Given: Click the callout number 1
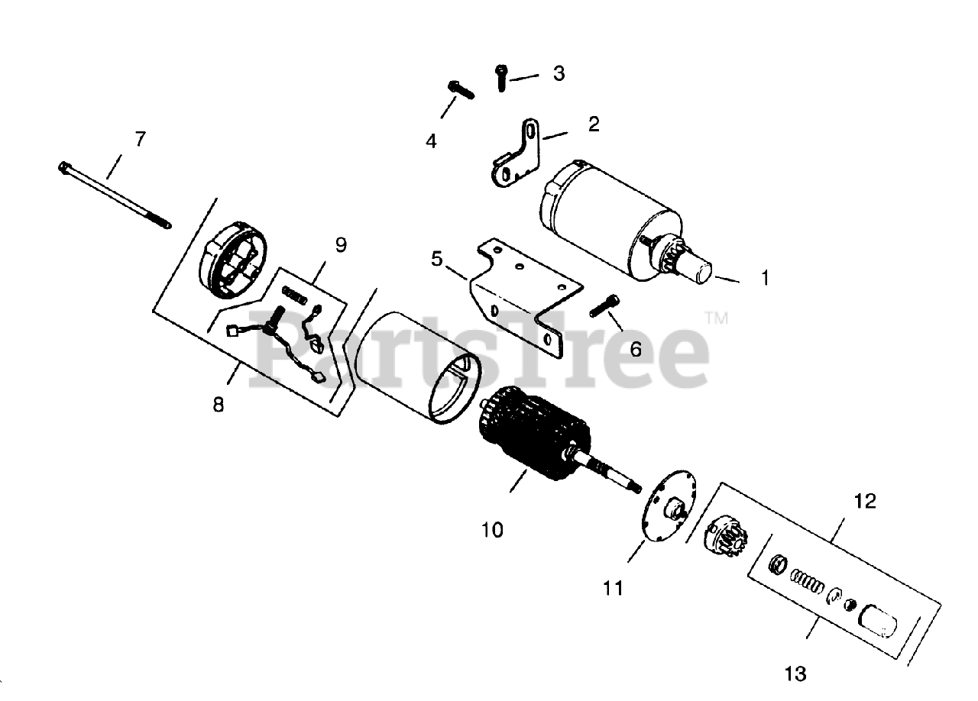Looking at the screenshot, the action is pyautogui.click(x=765, y=278).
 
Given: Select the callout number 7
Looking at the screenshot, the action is pyautogui.click(x=139, y=140).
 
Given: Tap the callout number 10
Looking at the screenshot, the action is pyautogui.click(x=493, y=529).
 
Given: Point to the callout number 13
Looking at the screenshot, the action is pyautogui.click(x=795, y=674).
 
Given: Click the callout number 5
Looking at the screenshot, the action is pyautogui.click(x=437, y=259).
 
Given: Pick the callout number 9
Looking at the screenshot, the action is pyautogui.click(x=340, y=245).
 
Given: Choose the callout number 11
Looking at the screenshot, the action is pyautogui.click(x=612, y=588).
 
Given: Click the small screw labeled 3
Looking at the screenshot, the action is pyautogui.click(x=500, y=77).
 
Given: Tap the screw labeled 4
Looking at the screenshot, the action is pyautogui.click(x=461, y=90).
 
